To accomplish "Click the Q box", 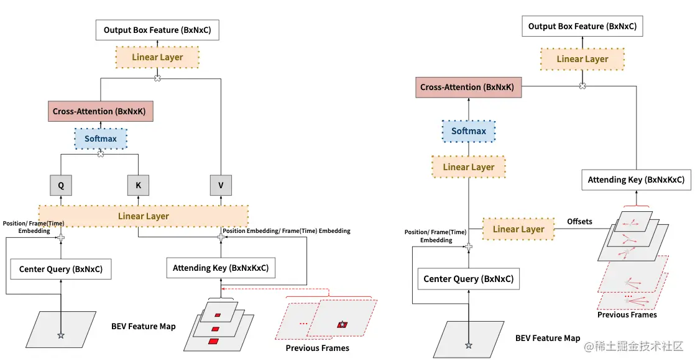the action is (x=61, y=185).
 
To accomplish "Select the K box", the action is (x=138, y=185).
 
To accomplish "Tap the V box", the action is (x=221, y=185).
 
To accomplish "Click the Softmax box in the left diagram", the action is (x=101, y=139).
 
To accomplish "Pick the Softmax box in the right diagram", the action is (x=469, y=131).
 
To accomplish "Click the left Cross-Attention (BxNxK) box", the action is (x=100, y=111).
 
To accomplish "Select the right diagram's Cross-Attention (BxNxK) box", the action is (x=468, y=87).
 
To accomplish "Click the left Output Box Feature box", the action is (x=157, y=30).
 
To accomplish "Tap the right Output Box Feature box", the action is (x=582, y=26).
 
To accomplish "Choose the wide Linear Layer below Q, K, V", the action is (x=143, y=216).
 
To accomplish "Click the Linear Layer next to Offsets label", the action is (x=518, y=229).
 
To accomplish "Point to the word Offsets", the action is (x=579, y=221).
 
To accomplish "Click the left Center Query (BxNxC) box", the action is (x=61, y=269).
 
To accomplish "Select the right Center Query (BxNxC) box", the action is (x=469, y=278).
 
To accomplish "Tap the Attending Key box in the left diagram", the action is (x=221, y=268).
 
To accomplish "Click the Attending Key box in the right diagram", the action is (x=636, y=180).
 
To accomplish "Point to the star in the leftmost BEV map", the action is (x=61, y=335).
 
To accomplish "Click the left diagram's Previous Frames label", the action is (x=318, y=348).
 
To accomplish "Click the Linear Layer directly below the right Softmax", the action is (x=469, y=167).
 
